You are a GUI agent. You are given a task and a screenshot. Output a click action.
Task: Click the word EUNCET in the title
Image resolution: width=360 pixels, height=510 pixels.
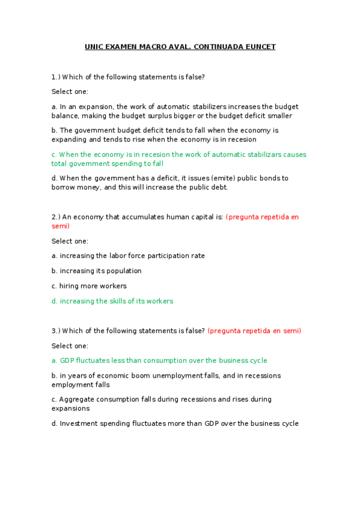click(x=261, y=47)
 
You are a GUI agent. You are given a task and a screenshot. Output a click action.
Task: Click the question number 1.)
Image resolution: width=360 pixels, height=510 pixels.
click(x=56, y=77)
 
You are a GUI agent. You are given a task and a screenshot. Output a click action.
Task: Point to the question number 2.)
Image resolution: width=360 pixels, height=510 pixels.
click(x=56, y=217)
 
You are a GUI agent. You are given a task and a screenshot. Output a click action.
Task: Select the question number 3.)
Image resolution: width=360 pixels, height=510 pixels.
click(x=56, y=331)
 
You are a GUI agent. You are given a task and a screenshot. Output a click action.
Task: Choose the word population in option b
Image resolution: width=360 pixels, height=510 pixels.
click(x=124, y=271)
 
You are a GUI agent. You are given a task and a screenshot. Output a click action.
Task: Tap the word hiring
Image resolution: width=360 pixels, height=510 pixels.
click(x=70, y=286)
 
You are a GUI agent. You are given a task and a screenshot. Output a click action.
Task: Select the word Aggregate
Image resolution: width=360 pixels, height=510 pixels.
click(x=77, y=399)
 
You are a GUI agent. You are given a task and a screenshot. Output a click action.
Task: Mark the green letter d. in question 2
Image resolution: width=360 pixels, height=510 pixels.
click(x=55, y=301)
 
